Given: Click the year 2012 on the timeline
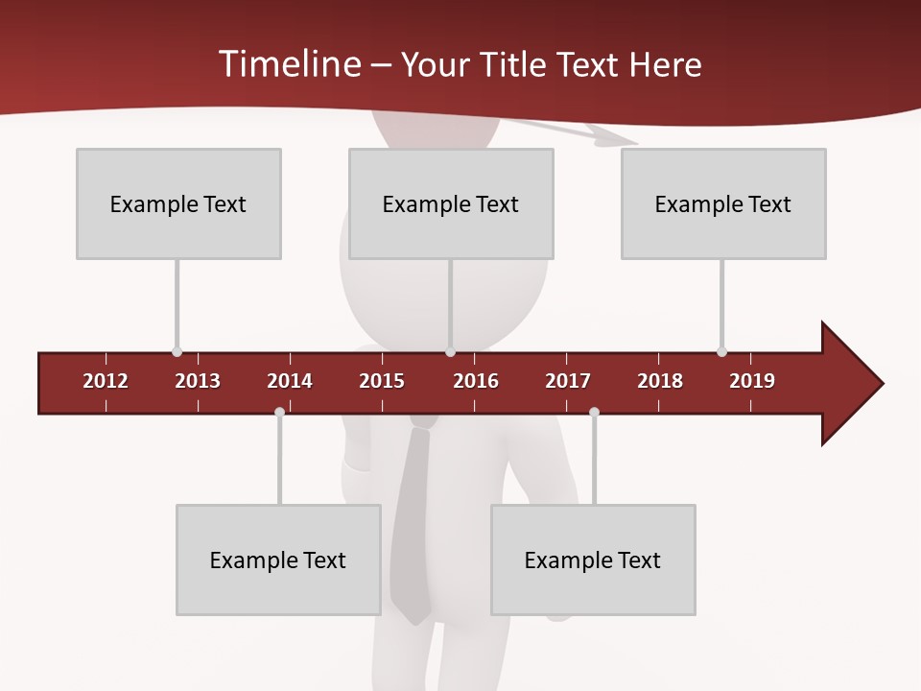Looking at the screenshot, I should [x=106, y=381].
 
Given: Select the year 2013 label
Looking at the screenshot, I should [x=198, y=381].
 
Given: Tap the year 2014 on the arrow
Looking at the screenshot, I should [x=290, y=381].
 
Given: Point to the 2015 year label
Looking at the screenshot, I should [x=382, y=381].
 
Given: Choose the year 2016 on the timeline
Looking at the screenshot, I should [x=476, y=381].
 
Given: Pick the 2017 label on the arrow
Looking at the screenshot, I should [x=568, y=381].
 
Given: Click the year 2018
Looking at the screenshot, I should [x=660, y=381].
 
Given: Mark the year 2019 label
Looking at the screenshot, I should [x=752, y=381].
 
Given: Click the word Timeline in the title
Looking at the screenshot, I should [x=289, y=64].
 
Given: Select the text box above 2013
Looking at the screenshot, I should [x=178, y=203].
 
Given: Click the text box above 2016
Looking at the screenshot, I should [x=451, y=203].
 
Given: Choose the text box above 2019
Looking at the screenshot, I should [x=723, y=203].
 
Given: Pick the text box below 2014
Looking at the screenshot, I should [x=278, y=560].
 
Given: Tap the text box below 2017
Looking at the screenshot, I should [x=593, y=560].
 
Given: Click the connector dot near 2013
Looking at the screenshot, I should [x=177, y=351].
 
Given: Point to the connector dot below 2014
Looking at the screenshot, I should [x=279, y=412].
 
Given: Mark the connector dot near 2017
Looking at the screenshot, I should [x=594, y=412].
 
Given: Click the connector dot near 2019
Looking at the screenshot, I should [x=721, y=351].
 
